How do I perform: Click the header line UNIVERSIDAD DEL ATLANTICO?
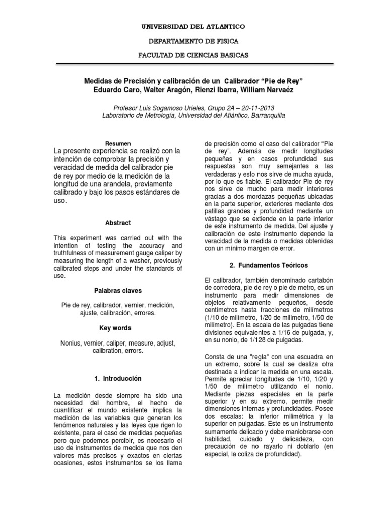pyautogui.click(x=193, y=25)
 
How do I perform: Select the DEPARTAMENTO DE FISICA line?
pyautogui.click(x=193, y=40)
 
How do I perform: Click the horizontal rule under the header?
pyautogui.click(x=193, y=64)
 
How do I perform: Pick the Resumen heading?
pyautogui.click(x=118, y=143)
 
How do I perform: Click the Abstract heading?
pyautogui.click(x=118, y=223)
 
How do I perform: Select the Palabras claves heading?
pyautogui.click(x=118, y=291)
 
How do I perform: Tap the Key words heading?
pyautogui.click(x=118, y=328)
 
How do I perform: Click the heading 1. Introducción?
pyautogui.click(x=118, y=378)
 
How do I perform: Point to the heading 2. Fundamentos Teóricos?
pyautogui.click(x=257, y=265)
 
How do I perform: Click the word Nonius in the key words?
pyautogui.click(x=70, y=342)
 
